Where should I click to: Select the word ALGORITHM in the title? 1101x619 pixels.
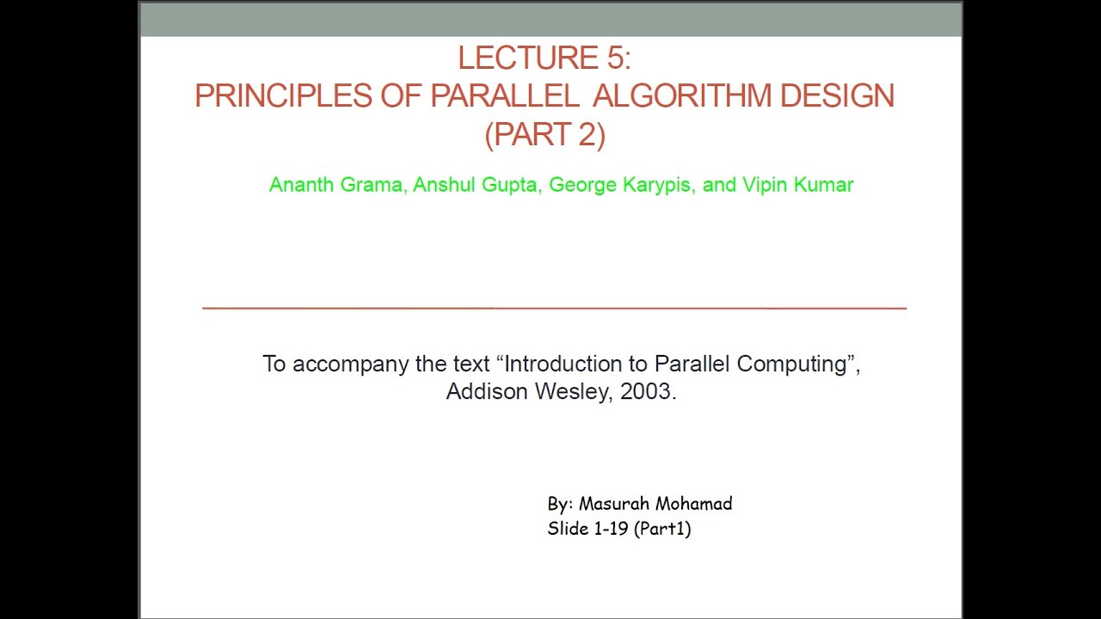pos(684,96)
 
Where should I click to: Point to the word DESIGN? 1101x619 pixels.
pos(837,96)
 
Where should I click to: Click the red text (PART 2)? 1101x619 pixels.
pos(545,135)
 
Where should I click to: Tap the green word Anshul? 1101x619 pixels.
pos(443,185)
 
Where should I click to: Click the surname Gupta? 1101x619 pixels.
pos(510,185)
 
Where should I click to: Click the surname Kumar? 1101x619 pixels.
pos(823,185)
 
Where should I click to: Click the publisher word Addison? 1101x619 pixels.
pos(487,392)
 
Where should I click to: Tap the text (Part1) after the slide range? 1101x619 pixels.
pos(662,529)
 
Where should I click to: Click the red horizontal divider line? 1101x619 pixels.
pos(554,307)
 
